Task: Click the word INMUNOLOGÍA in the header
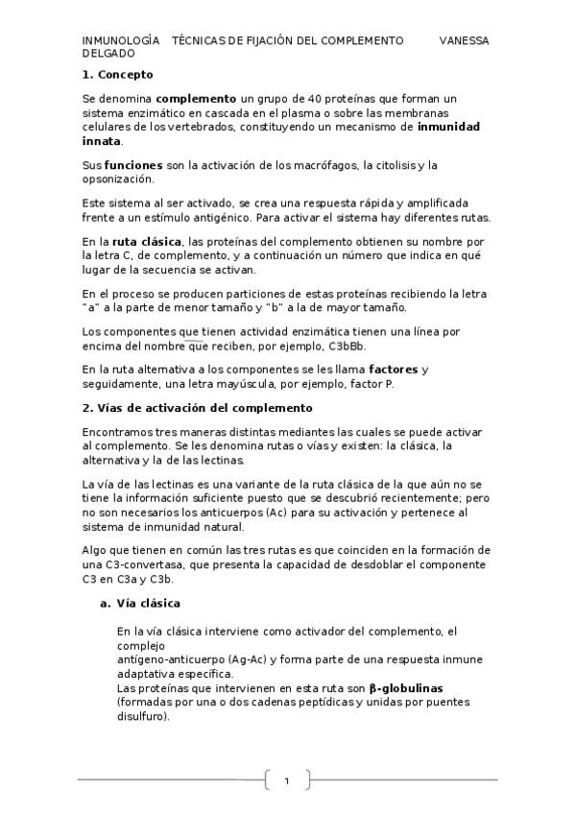click(121, 41)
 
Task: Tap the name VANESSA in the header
click(464, 41)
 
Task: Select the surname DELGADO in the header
click(108, 56)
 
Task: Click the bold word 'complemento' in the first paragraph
click(196, 98)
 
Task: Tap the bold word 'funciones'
click(133, 165)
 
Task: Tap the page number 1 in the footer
click(286, 780)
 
